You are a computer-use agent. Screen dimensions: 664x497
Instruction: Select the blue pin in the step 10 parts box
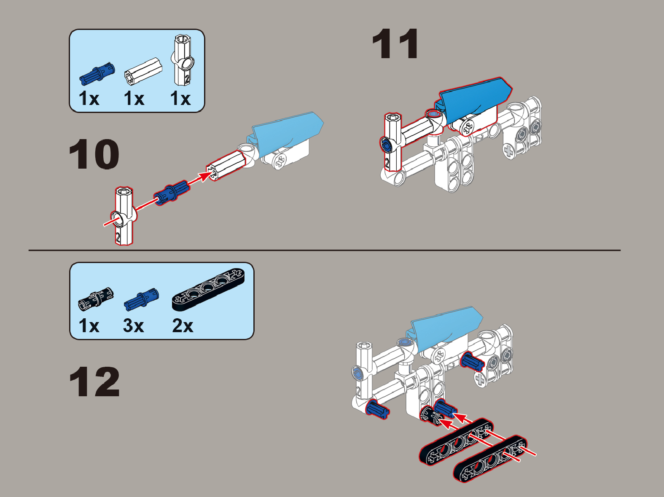97,74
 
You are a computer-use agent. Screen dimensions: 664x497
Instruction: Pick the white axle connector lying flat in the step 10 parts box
143,71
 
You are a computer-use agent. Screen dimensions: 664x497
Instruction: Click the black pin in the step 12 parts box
96,299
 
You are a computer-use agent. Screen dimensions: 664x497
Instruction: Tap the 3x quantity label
133,326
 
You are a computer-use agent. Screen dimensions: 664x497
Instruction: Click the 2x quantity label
183,326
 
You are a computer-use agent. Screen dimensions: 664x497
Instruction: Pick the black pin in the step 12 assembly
430,416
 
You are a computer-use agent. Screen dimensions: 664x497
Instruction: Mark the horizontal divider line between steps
325,250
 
